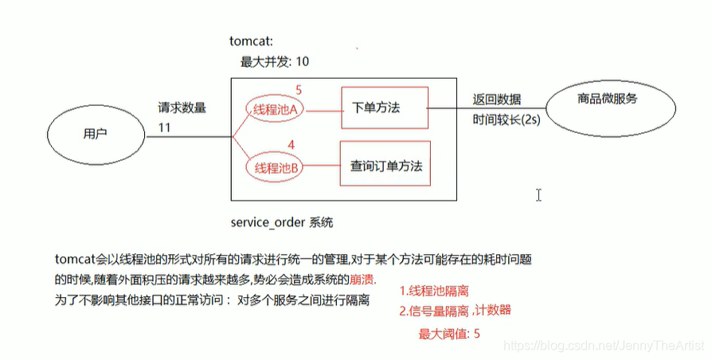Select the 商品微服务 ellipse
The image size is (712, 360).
click(x=608, y=100)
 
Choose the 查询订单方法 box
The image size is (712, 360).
click(x=385, y=166)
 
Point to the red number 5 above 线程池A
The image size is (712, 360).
click(x=299, y=90)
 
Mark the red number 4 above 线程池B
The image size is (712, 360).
click(x=291, y=145)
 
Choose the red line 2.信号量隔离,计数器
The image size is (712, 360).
click(x=455, y=310)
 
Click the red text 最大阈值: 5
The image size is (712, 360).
click(x=449, y=333)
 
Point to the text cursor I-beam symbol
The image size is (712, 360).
click(x=539, y=194)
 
